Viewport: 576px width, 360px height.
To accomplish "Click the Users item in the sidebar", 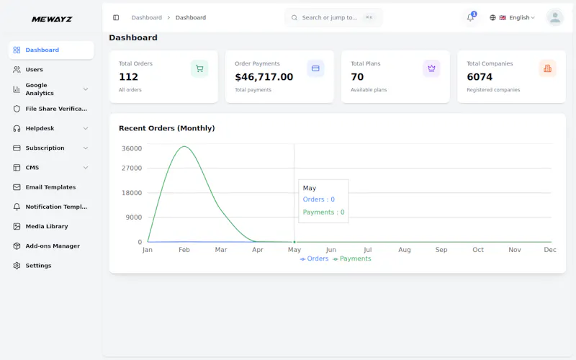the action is [x=34, y=69].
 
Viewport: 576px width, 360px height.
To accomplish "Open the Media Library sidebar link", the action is [x=47, y=226].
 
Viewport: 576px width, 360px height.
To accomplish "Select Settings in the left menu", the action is [x=38, y=266].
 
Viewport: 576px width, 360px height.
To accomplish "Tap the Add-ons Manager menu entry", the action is [x=53, y=246].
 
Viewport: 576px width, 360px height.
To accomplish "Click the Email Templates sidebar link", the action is [x=50, y=187].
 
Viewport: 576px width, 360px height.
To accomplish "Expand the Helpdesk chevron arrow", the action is [x=86, y=129].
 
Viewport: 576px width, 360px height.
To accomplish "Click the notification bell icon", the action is [x=470, y=17].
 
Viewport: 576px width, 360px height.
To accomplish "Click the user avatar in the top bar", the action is [x=555, y=17].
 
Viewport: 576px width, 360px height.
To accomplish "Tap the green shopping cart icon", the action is [x=199, y=68].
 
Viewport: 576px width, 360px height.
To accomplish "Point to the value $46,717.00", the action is [x=264, y=77].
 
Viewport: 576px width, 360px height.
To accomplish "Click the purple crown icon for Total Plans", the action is [x=431, y=68].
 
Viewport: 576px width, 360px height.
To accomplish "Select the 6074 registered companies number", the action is [x=480, y=77].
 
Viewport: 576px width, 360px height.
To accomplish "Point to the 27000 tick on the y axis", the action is [x=132, y=168].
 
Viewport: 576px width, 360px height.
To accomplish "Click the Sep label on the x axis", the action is [x=441, y=250].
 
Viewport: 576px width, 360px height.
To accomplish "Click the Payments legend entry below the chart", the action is [x=352, y=258].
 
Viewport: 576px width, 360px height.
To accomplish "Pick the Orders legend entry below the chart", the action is [x=314, y=258].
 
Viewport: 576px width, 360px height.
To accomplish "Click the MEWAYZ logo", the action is [x=52, y=19].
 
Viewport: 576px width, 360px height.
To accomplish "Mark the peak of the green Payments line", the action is [x=184, y=146].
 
